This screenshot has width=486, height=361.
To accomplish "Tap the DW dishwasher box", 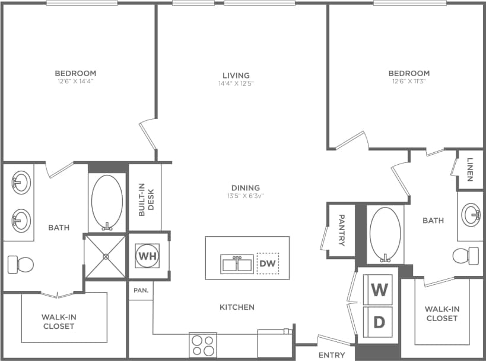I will tap(267, 263).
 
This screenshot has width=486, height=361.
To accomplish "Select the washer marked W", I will tap(378, 290).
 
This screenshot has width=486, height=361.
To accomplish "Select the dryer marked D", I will tap(378, 322).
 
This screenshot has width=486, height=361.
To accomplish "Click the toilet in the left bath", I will tap(20, 264).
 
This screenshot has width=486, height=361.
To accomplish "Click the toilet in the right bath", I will tap(465, 256).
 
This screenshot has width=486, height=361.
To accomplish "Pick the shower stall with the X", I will tap(106, 256).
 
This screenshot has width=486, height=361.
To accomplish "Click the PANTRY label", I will tap(342, 230).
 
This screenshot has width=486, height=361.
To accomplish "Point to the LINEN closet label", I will tap(470, 169).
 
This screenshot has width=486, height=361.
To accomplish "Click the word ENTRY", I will tap(331, 355).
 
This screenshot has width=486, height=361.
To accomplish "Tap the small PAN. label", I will tap(141, 291).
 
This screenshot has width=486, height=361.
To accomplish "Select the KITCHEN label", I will tap(237, 307).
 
